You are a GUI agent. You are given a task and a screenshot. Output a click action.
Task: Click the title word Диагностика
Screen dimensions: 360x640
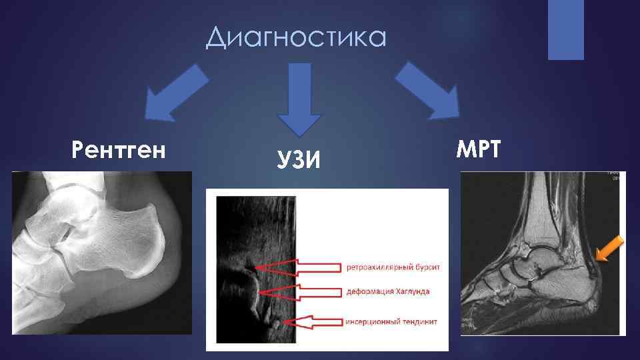tap(296, 37)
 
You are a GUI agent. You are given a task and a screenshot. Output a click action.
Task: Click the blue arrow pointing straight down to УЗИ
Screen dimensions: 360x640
tap(299, 99)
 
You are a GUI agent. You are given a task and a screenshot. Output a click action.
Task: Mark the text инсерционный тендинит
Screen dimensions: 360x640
tap(391, 321)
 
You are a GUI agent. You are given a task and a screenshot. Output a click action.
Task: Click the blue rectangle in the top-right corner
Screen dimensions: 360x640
tap(565, 29)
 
